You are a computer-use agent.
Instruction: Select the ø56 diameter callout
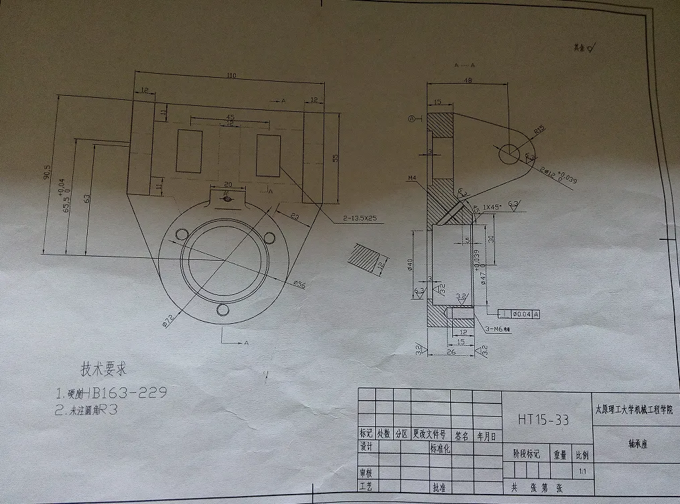point(299,284)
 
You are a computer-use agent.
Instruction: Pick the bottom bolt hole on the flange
point(224,311)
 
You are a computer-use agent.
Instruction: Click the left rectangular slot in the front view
point(189,151)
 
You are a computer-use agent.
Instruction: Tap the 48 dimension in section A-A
point(467,80)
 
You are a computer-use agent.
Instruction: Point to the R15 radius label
point(537,129)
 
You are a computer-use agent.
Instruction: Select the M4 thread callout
point(413,179)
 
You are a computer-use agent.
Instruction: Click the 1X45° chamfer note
point(494,207)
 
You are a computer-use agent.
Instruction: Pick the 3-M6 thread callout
point(496,329)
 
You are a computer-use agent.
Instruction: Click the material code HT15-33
point(543,420)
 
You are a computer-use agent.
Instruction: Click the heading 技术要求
point(103,369)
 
